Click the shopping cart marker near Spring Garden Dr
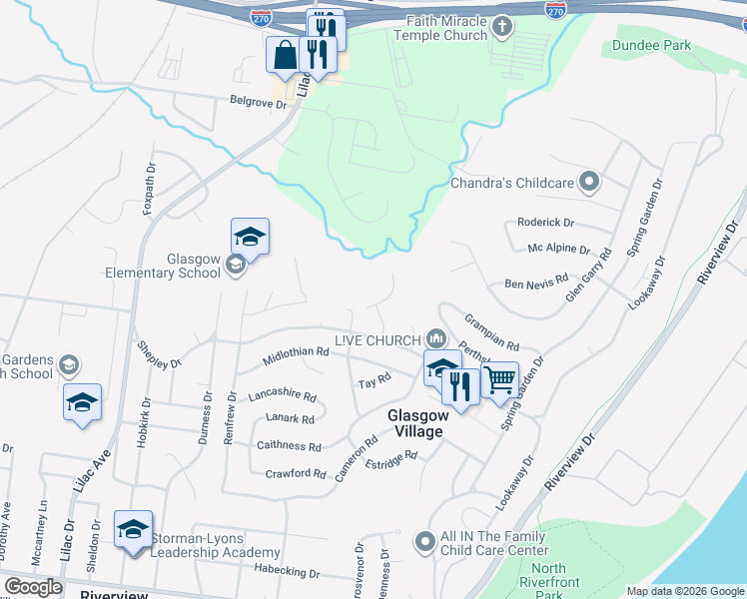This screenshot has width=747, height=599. [499, 378]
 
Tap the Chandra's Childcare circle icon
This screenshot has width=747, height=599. [590, 183]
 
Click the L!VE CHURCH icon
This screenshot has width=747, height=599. [434, 338]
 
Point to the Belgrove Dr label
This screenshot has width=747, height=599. [258, 101]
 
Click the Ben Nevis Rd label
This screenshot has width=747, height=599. [536, 283]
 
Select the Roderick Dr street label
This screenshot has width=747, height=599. [545, 223]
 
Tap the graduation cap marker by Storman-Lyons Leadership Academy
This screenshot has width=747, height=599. [133, 529]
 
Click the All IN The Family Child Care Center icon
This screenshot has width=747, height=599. [425, 542]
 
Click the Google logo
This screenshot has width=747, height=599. [34, 587]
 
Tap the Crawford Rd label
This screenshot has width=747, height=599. [295, 473]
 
